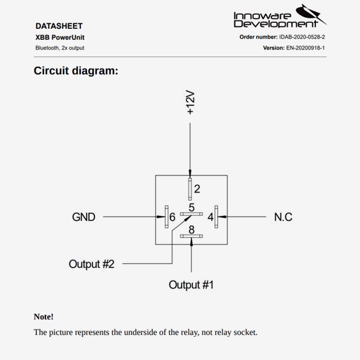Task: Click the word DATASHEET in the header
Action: click(59, 26)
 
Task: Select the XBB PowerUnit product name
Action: click(60, 37)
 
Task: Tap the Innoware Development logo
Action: click(280, 16)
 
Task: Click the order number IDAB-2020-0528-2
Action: click(302, 37)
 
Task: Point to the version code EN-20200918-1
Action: click(305, 48)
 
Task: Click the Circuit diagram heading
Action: click(76, 71)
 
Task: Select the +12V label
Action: click(191, 102)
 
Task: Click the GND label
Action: click(83, 217)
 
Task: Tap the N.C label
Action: click(283, 217)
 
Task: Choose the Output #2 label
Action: click(91, 264)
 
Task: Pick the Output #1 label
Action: click(191, 285)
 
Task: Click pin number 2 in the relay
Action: click(197, 189)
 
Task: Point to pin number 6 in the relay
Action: click(172, 217)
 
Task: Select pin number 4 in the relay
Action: click(210, 217)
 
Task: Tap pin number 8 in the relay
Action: click(191, 229)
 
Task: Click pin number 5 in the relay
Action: click(191, 207)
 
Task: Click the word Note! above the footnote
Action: click(44, 316)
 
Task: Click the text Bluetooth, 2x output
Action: click(59, 48)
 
